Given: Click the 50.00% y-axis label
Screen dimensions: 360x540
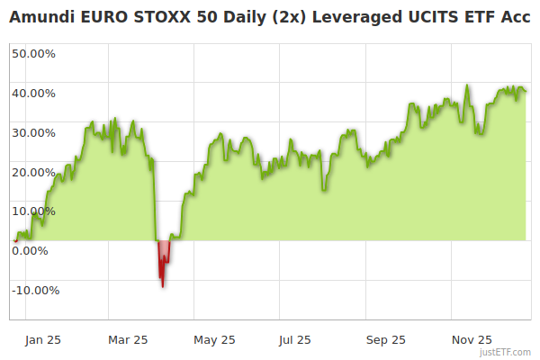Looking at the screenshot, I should coord(33,53).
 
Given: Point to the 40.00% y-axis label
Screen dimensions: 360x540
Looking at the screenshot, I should coord(33,93).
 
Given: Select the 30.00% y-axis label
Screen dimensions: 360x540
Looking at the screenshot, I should coord(33,132).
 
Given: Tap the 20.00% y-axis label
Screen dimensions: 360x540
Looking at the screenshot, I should coord(33,172).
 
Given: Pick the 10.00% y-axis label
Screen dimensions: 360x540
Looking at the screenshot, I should coord(33,211).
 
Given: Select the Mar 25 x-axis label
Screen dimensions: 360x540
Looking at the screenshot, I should coord(127,340).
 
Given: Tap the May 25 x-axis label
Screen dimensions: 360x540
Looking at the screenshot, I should coord(214,340).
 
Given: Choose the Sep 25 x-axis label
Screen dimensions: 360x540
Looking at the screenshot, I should coord(386,340).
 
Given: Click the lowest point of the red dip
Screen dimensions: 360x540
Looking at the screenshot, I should coord(162,286).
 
